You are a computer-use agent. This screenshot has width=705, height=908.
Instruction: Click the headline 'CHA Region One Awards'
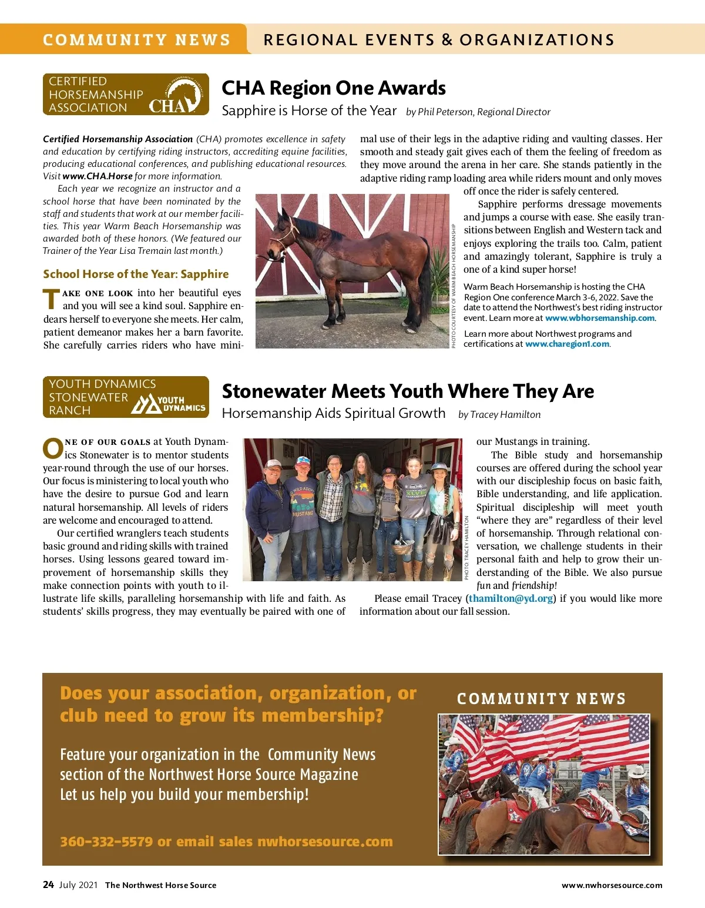click(x=333, y=88)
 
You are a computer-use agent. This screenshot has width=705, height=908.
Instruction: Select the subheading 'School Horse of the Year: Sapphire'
click(x=136, y=274)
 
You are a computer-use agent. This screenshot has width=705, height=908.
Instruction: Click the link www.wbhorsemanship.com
click(x=599, y=318)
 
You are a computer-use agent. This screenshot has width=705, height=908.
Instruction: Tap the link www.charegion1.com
click(x=567, y=344)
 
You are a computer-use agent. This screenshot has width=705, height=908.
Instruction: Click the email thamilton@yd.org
click(x=511, y=598)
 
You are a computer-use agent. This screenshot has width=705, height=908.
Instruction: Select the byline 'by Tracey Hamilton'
click(x=499, y=414)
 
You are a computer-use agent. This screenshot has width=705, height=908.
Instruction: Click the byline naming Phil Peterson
click(x=478, y=112)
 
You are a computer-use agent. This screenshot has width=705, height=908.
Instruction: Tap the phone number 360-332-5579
click(x=106, y=841)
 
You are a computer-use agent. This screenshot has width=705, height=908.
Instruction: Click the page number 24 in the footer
click(x=48, y=884)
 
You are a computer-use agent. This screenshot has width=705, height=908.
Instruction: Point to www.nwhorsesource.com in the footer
click(x=612, y=885)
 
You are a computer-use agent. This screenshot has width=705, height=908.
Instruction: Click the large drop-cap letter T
click(x=52, y=299)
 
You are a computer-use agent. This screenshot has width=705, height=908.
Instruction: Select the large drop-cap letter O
click(x=53, y=448)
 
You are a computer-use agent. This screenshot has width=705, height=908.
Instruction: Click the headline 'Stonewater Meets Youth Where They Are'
click(x=408, y=391)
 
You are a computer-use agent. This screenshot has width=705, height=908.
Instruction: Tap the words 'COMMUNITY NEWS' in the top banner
click(x=136, y=40)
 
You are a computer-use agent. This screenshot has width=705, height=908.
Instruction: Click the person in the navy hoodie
click(x=271, y=511)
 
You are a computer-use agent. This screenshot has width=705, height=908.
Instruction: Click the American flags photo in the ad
click(x=544, y=784)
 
